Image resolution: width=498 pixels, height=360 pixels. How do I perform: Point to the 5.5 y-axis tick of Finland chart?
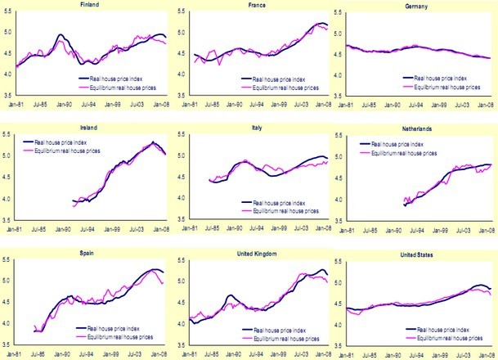[6, 11]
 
